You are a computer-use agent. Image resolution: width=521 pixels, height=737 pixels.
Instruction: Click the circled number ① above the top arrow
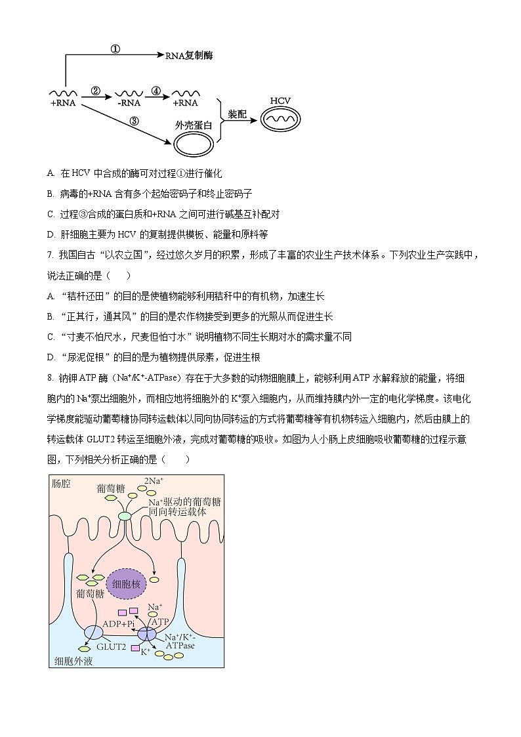(x=115, y=49)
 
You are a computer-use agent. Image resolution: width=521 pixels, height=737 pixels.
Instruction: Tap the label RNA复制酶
(x=189, y=56)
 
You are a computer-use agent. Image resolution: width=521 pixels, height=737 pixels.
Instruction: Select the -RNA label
(x=129, y=103)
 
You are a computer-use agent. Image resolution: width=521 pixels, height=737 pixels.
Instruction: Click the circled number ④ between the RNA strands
(x=156, y=91)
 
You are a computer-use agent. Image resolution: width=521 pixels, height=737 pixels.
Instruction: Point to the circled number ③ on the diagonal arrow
(x=134, y=121)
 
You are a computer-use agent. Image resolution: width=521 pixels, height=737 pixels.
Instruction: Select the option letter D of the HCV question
(x=51, y=234)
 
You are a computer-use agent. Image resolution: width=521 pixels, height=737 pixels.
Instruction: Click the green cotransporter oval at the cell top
(x=125, y=516)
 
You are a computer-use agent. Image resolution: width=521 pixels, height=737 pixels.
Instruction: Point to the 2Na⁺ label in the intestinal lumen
(x=154, y=481)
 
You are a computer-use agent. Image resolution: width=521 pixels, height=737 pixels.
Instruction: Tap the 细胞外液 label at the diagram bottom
(x=73, y=661)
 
